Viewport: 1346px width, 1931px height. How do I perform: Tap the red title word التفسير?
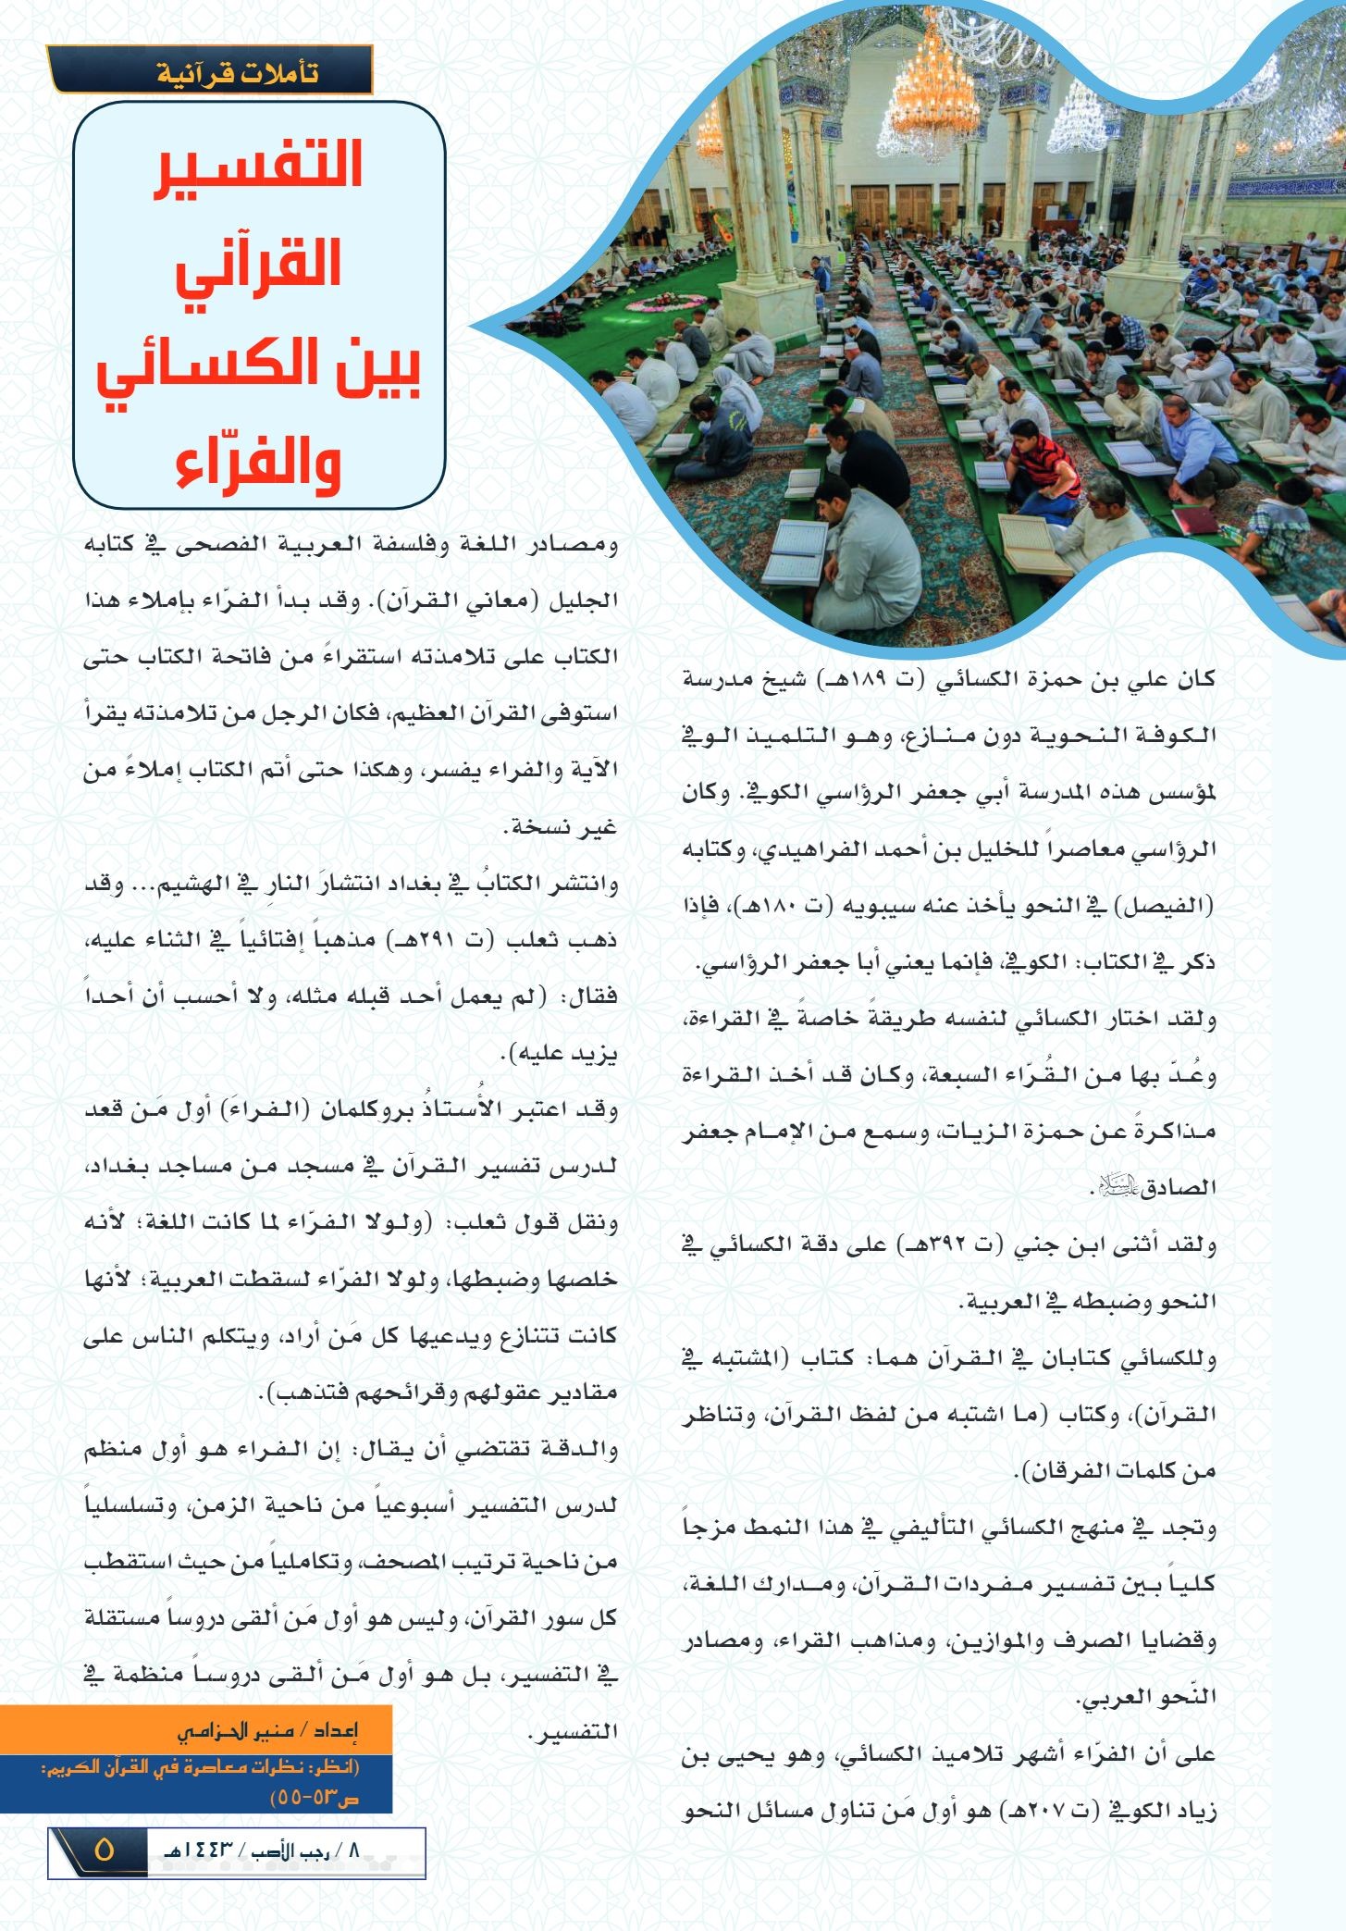pyautogui.click(x=258, y=167)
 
